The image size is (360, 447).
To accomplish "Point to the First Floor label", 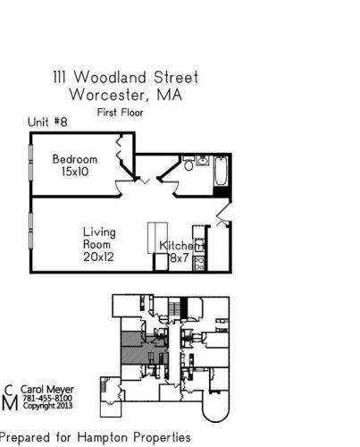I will click(121, 113).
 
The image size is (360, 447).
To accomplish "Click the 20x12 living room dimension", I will click(99, 257).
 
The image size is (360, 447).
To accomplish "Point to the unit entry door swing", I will click(223, 215).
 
